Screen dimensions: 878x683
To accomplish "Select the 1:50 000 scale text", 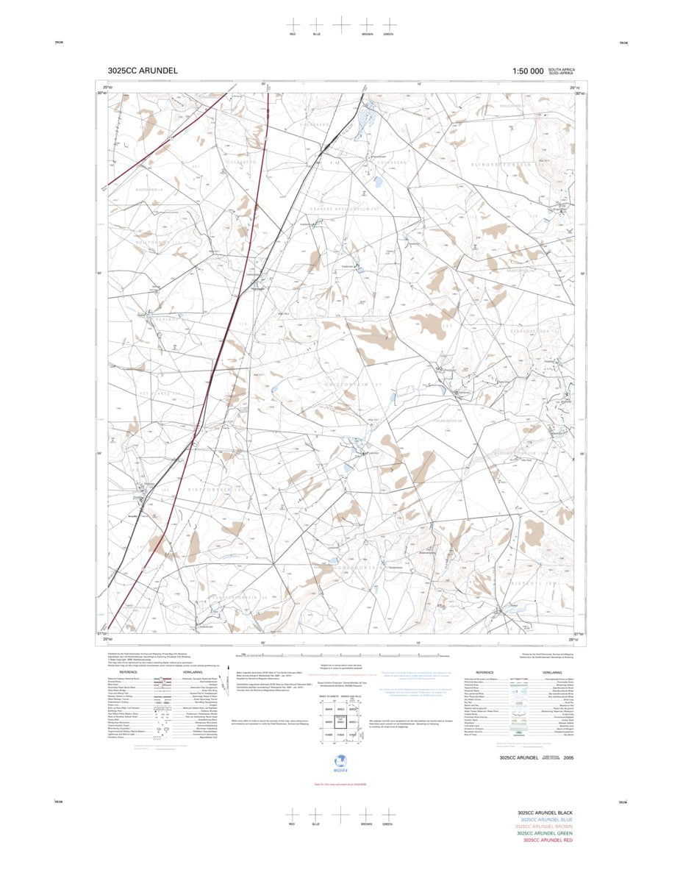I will point(528,71).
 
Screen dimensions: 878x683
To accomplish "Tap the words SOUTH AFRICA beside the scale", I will point(567,69).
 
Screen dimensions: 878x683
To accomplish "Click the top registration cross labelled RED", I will point(293,24).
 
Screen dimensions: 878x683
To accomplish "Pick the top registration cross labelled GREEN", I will point(387,24).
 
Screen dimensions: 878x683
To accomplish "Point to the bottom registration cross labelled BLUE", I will point(316,814).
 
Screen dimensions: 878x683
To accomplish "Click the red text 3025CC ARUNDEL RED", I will point(548,840).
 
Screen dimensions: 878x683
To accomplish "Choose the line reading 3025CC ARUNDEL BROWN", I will point(545,827).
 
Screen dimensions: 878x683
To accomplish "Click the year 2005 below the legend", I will point(568,757).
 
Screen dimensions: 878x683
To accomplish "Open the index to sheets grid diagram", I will point(340,721).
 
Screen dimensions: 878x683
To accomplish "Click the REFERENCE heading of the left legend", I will point(129,672).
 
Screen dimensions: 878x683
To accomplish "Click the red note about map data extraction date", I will point(340,784).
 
